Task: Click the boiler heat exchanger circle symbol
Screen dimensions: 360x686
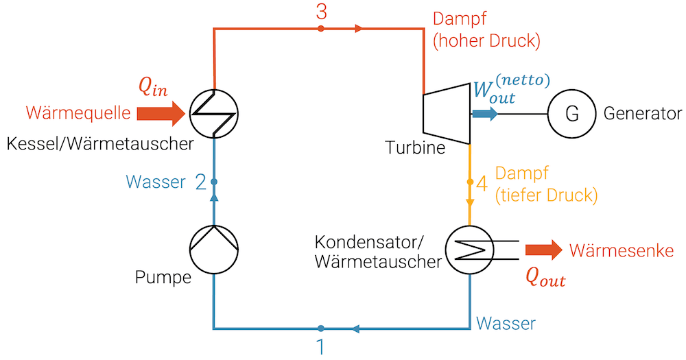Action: (x=214, y=112)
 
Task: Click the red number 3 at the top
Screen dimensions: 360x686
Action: (x=321, y=11)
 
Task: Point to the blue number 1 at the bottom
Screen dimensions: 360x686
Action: (x=320, y=347)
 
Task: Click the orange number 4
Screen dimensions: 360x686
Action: (x=482, y=184)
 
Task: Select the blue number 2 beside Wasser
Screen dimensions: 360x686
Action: (x=200, y=182)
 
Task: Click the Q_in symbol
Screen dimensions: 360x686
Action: (x=152, y=86)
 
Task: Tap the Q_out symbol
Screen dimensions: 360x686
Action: (x=545, y=276)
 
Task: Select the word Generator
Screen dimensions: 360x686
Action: (x=643, y=114)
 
